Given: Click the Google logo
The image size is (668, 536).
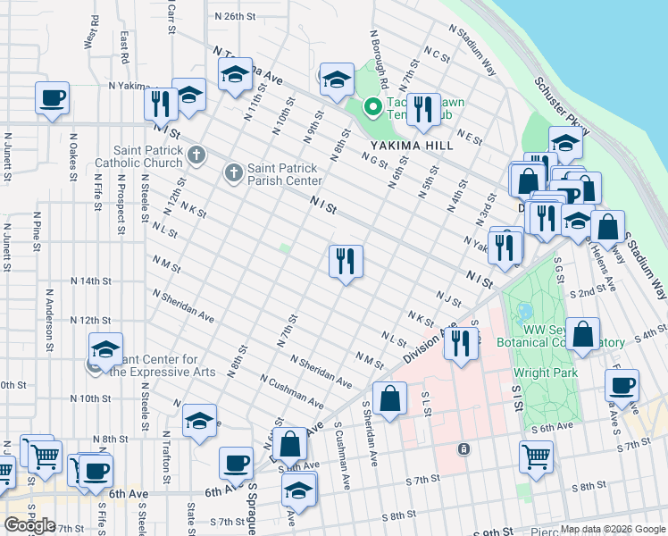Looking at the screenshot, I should point(29,525).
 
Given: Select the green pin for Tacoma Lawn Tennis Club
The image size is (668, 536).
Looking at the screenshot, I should point(372,108).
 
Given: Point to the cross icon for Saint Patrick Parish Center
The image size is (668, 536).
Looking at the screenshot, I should point(234,171).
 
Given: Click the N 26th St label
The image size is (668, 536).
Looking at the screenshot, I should point(236,17).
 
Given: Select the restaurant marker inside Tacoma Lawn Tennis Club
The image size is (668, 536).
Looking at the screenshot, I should point(423,110).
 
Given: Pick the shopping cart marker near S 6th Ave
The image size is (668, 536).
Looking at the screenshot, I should point(536,456).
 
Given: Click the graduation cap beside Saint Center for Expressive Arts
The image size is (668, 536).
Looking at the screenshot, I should point(105,349).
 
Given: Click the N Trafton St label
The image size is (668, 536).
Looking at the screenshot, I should point(165,456).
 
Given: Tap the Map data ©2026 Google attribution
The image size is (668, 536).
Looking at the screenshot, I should point(613,529).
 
